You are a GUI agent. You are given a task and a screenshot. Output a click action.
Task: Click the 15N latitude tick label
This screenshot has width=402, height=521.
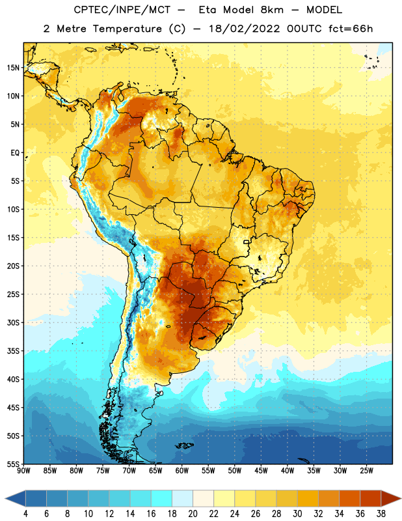13,68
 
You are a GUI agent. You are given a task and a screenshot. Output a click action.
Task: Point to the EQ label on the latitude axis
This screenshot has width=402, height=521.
15,153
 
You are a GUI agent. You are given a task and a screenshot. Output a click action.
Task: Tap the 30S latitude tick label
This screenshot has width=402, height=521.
13,322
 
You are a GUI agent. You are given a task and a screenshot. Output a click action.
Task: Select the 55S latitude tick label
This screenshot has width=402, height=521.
13,464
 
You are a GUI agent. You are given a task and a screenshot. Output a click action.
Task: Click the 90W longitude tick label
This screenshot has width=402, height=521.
23,471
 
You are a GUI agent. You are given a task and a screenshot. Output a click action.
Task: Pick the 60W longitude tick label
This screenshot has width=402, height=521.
182,471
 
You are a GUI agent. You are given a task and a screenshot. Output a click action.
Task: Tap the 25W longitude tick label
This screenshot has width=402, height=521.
366,471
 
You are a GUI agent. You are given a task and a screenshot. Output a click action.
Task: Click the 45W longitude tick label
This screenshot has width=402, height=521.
261,471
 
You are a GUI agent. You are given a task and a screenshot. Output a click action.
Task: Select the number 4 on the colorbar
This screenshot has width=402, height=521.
25,514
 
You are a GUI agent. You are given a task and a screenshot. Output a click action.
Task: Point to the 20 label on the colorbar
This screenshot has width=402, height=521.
193,514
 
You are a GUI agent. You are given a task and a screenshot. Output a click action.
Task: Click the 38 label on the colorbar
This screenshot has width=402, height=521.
381,514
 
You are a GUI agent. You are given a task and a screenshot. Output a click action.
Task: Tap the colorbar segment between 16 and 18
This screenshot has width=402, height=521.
162,498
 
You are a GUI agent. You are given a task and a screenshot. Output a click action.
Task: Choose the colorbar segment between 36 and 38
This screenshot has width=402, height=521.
371,498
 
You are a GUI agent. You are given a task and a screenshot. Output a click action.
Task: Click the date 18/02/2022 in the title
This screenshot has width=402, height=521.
245,29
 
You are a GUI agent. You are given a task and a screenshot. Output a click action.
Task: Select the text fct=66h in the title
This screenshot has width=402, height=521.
351,29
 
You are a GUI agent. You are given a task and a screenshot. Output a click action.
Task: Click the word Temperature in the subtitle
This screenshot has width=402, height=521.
127,29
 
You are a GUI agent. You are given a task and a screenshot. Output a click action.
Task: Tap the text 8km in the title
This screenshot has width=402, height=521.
272,10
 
